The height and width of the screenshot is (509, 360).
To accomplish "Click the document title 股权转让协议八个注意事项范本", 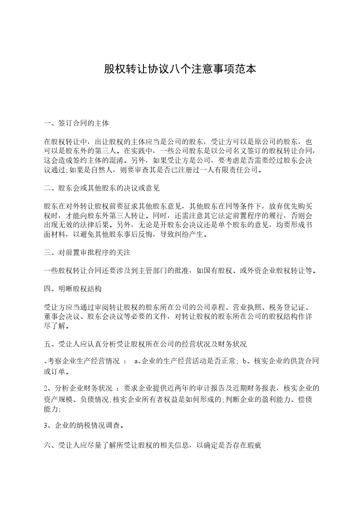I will point(180,69).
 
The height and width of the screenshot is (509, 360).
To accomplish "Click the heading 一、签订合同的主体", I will point(76,123).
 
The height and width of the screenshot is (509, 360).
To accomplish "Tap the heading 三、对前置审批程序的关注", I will point(87,251).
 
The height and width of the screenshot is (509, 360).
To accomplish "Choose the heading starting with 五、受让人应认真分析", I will point(145,345).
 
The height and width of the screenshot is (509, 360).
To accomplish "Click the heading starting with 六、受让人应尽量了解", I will point(153,446).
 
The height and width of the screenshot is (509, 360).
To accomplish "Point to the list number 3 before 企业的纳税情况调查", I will point(46,426).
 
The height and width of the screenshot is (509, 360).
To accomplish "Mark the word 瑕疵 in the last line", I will point(254,446).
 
